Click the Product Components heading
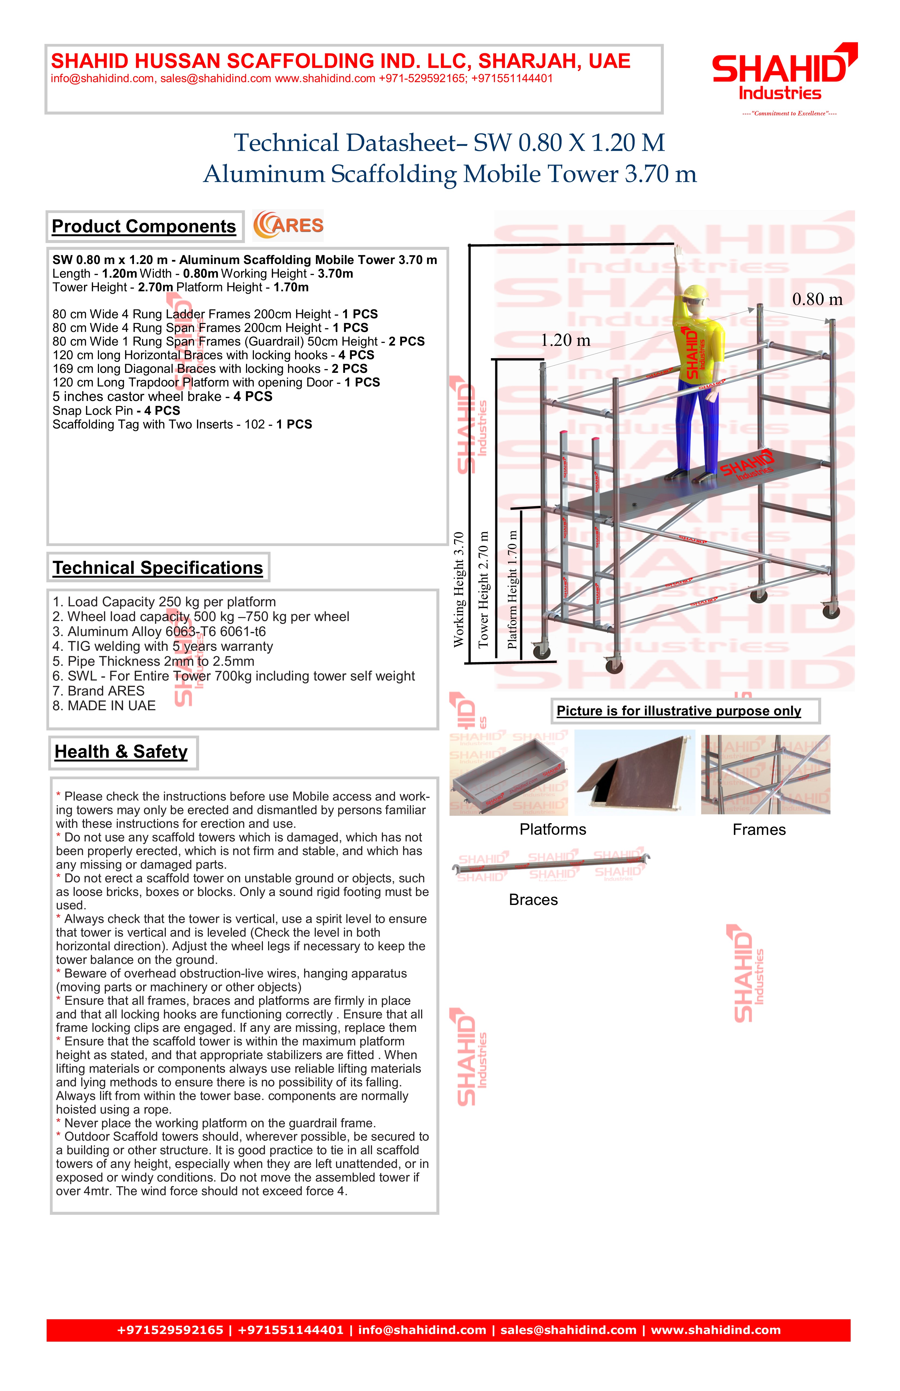click(144, 226)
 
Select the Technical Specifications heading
click(158, 568)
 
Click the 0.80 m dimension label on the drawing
click(817, 300)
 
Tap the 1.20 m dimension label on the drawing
click(565, 340)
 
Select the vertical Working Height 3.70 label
click(459, 589)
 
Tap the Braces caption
click(533, 900)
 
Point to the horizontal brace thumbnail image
click(551, 866)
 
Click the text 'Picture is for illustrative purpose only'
click(679, 711)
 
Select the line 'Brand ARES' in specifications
click(99, 691)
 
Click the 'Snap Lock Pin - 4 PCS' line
click(116, 410)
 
